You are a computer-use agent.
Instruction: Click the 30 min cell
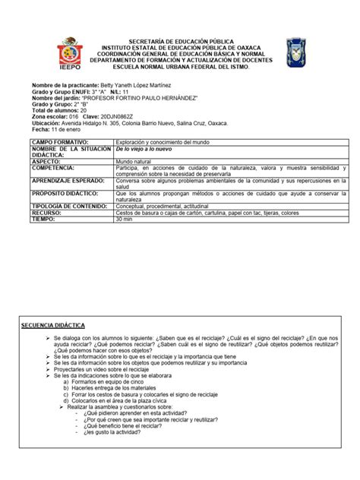pyautogui.click(x=125, y=219)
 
